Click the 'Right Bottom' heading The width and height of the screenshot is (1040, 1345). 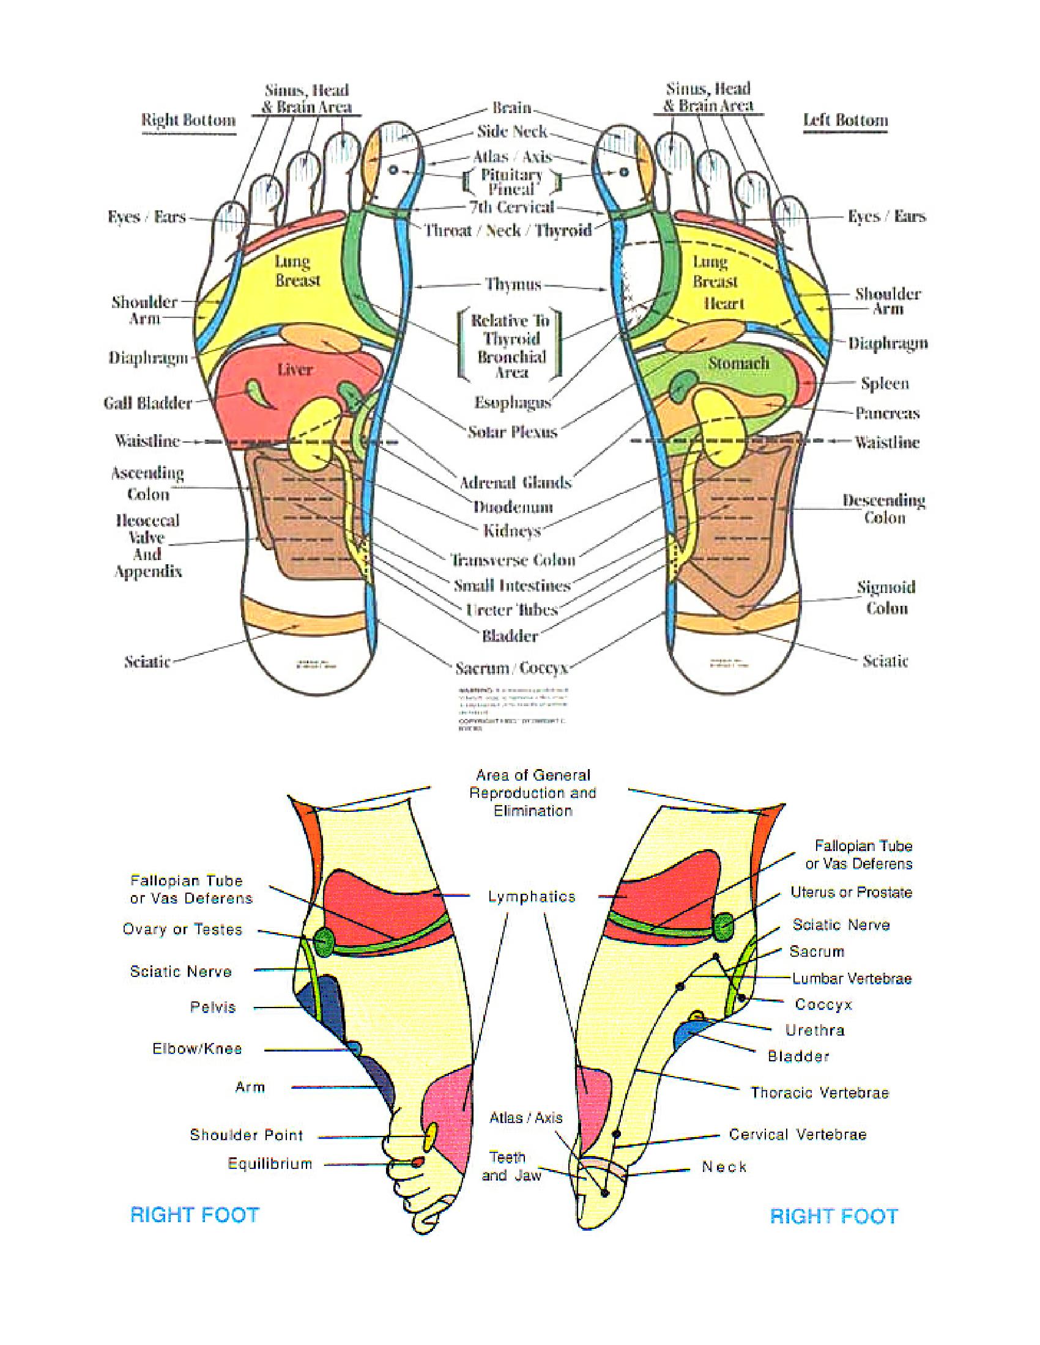pos(188,119)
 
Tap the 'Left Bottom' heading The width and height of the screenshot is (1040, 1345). pos(845,119)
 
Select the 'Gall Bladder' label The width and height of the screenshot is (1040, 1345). pos(148,403)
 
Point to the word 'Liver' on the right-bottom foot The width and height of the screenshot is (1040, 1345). pos(294,369)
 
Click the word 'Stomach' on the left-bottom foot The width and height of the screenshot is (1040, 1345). pos(738,363)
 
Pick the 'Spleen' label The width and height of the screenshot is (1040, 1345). pos(885,383)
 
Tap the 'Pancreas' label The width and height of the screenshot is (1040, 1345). pos(886,413)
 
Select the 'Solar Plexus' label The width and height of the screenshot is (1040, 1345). pos(512,432)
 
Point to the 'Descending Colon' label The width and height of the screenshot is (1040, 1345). pos(884,509)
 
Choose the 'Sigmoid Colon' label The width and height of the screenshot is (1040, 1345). pos(886,597)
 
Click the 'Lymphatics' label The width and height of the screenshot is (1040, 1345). pos(532,897)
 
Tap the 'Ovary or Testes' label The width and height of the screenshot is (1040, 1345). pos(182,929)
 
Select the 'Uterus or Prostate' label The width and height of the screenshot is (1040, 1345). pos(851,893)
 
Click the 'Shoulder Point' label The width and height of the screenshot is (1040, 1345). pos(247,1135)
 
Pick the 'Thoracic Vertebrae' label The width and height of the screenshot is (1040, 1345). pos(819,1093)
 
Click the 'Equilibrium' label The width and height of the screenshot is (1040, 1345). pos(270,1163)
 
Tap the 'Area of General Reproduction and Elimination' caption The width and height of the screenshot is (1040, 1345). pos(533,792)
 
